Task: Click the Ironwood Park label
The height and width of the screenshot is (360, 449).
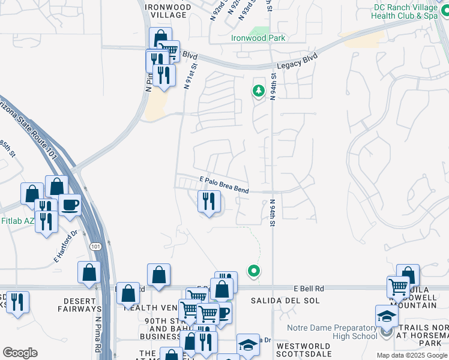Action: pos(258,38)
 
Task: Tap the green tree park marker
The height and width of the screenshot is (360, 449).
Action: pos(259,91)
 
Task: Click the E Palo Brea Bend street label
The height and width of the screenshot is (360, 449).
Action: pos(224,184)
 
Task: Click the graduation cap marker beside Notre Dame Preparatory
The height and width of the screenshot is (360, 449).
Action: pos(387,316)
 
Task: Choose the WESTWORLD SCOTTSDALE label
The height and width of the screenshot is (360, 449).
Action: pos(304,350)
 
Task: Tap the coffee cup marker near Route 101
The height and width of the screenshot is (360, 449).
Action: pos(70,205)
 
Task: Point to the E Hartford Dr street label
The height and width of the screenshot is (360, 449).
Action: pos(65,247)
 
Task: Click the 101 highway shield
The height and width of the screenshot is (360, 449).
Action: pos(97,246)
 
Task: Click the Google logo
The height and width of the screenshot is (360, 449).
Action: pos(20,353)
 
